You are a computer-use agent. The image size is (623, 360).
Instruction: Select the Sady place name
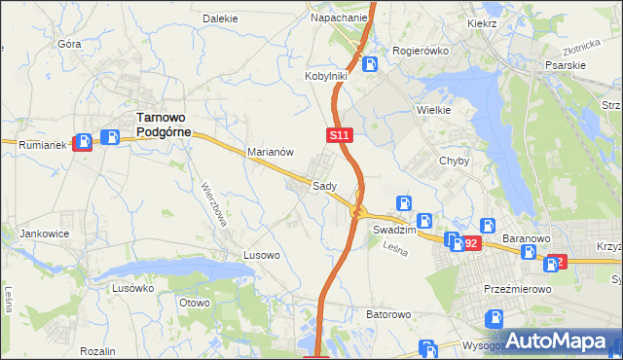click(x=324, y=185)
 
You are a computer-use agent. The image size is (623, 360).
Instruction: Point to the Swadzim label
click(x=394, y=232)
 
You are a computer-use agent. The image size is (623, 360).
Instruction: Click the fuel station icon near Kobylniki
click(x=370, y=65)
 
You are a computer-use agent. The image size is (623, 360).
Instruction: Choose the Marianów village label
click(x=271, y=152)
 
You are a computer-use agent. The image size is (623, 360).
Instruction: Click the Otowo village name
click(x=196, y=302)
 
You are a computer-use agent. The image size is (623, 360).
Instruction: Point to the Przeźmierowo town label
click(x=518, y=289)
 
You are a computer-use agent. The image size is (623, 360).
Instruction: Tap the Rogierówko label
click(x=418, y=50)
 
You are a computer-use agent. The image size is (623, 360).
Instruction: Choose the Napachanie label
click(x=339, y=18)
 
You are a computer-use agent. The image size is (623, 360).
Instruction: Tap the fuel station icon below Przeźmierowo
click(x=495, y=316)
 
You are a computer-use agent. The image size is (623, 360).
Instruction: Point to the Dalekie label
click(x=220, y=18)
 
